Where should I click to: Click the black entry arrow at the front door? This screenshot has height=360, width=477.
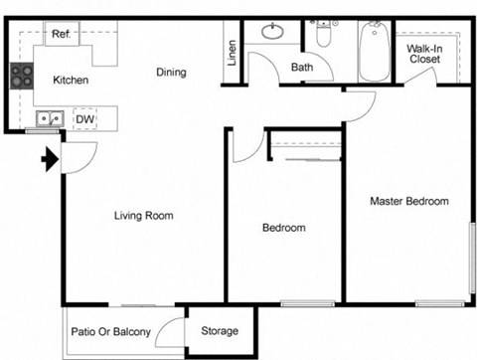click(47, 158)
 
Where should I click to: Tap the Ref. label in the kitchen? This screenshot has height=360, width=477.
click(60, 33)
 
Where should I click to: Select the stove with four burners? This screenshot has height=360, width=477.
click(20, 76)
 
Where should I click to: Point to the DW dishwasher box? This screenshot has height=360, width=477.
click(85, 119)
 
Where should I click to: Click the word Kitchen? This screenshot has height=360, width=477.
click(71, 80)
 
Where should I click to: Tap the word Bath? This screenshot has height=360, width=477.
click(302, 68)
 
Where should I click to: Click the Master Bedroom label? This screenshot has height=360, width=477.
click(408, 201)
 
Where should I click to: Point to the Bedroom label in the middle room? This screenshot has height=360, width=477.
click(283, 228)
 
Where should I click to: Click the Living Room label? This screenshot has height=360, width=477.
click(145, 215)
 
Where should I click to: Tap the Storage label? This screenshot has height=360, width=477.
click(220, 331)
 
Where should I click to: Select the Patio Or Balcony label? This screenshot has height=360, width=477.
click(110, 331)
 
